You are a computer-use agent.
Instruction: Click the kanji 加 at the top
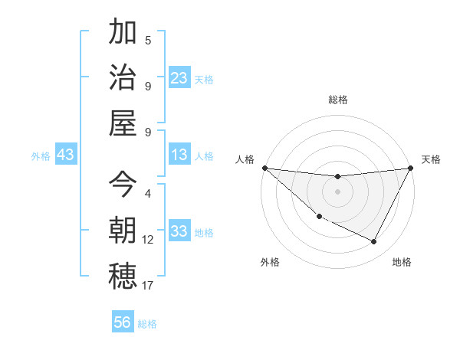coord(123,33)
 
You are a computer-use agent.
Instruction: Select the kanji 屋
coord(123,123)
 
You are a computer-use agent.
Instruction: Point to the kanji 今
coord(123,185)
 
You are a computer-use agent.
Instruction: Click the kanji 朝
coord(123,230)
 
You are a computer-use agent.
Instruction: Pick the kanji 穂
coord(123,275)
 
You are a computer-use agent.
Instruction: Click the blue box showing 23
coord(179,78)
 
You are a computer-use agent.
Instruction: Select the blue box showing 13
coord(179,155)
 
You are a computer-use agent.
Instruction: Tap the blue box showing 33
coord(179,231)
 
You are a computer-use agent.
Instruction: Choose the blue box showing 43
coord(66,155)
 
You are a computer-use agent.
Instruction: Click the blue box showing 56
coord(123,322)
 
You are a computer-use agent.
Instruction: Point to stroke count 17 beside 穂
coord(148,286)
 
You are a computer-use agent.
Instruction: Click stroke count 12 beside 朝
coord(148,240)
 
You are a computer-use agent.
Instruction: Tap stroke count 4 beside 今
coord(148,195)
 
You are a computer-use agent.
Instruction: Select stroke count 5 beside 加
coord(148,41)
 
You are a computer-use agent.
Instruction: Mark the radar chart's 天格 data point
coord(410,168)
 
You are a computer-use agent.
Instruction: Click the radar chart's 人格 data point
coord(264,168)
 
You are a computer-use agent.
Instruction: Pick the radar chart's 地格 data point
coord(374,242)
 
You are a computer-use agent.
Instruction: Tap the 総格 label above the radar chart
coord(337,100)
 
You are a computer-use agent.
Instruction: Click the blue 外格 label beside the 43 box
coord(41,156)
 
